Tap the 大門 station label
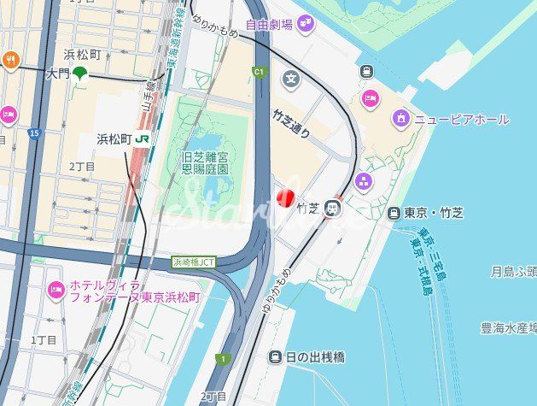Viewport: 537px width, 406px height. [56, 74]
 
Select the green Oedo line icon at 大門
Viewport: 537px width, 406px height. [80, 74]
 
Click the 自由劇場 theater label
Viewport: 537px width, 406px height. [269, 25]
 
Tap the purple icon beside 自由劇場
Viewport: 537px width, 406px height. [306, 25]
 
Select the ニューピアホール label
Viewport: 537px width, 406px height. [462, 119]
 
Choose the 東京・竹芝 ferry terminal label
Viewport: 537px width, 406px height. [433, 212]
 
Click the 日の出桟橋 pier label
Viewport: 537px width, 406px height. [314, 356]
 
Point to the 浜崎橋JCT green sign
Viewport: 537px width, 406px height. [193, 262]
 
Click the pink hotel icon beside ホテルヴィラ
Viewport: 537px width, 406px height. [56, 291]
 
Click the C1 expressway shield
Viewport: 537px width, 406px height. [259, 73]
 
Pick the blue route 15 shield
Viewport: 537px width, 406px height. [33, 133]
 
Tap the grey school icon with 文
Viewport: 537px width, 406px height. [291, 79]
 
